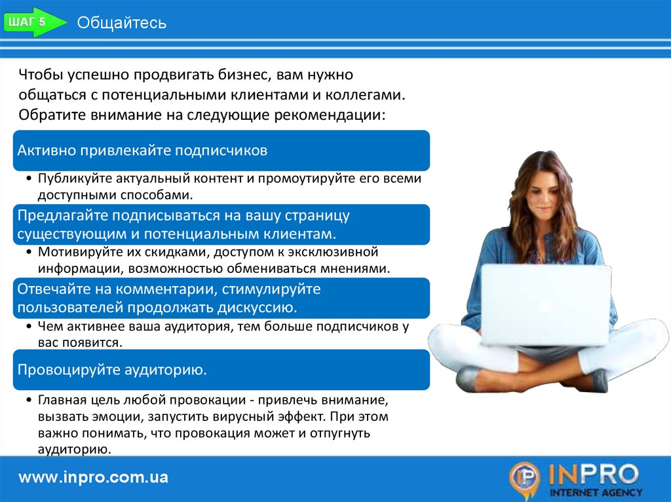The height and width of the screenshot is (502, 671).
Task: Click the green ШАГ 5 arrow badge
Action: click(x=34, y=22)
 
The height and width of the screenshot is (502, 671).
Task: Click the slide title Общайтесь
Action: click(x=121, y=23)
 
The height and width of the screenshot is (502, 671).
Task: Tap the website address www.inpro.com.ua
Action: click(x=93, y=477)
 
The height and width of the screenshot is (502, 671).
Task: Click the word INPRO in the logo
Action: click(x=594, y=475)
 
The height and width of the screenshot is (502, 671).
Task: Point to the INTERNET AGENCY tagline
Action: click(x=596, y=492)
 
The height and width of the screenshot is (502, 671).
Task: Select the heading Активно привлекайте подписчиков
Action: click(x=142, y=151)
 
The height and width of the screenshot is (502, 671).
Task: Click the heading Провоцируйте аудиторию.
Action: click(x=112, y=369)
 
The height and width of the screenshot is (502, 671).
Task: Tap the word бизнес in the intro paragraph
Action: click(x=244, y=75)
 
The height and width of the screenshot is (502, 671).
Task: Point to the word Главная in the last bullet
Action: click(x=62, y=400)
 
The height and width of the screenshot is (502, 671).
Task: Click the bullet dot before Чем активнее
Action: click(x=29, y=327)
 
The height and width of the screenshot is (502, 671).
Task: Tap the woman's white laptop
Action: click(x=546, y=304)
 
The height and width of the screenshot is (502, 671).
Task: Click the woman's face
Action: click(x=543, y=192)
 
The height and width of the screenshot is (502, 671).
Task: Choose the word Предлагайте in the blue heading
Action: click(x=62, y=215)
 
